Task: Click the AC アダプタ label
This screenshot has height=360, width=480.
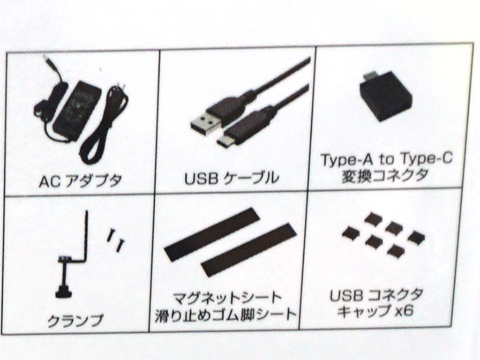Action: [x=80, y=181]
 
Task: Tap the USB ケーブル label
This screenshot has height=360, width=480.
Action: [x=232, y=178]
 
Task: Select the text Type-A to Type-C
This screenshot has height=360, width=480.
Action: [x=386, y=160]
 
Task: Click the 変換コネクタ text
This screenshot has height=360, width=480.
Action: [x=385, y=175]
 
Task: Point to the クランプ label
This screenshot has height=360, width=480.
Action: [x=76, y=320]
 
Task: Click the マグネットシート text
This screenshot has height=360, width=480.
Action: [x=227, y=298]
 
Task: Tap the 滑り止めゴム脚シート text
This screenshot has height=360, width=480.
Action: [x=226, y=314]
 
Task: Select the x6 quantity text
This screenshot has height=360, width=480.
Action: [x=404, y=311]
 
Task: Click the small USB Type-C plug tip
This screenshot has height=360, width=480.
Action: [x=224, y=142]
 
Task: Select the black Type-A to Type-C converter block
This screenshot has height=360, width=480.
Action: [x=385, y=98]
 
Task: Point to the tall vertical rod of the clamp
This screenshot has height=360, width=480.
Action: [x=86, y=235]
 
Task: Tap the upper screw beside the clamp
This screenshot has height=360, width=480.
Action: [x=110, y=236]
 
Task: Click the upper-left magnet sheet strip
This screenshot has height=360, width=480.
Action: [x=212, y=234]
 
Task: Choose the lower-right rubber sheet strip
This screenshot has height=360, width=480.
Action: [x=249, y=250]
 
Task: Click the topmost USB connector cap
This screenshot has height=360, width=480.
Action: [x=373, y=218]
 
